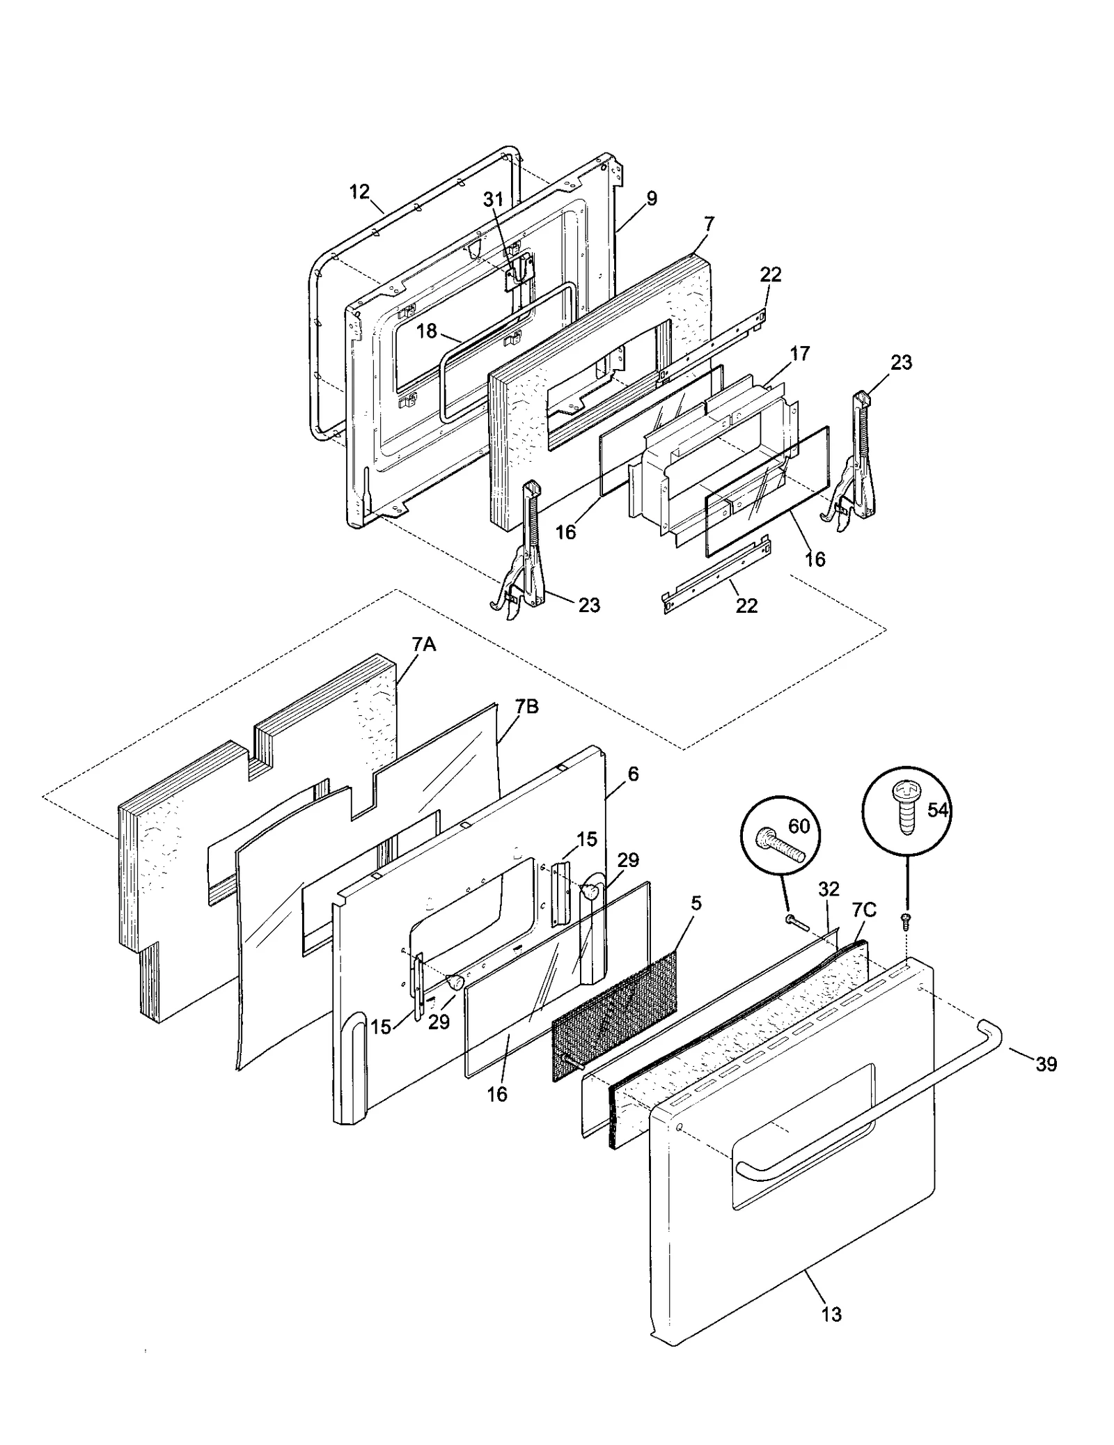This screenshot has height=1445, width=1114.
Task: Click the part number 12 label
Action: pos(359,192)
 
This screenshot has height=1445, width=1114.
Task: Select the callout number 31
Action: pos(493,199)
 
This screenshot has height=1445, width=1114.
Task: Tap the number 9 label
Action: pos(651,198)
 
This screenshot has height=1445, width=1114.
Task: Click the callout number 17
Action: pos(800,354)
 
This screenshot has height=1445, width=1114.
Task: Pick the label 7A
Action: pos(423,644)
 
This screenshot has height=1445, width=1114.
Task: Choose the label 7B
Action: pos(527,707)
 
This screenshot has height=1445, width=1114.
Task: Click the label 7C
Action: pos(864,909)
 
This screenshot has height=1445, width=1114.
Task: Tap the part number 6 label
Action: pos(633,774)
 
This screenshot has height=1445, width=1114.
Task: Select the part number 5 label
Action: pos(696,904)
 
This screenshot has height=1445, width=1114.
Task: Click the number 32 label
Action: pos(829,889)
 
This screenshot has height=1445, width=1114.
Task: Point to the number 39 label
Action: pos(1046,1064)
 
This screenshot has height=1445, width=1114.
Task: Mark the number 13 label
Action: pos(831,1315)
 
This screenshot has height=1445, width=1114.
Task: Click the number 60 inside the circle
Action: pos(799,826)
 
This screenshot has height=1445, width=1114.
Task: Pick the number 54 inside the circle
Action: pos(938,809)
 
